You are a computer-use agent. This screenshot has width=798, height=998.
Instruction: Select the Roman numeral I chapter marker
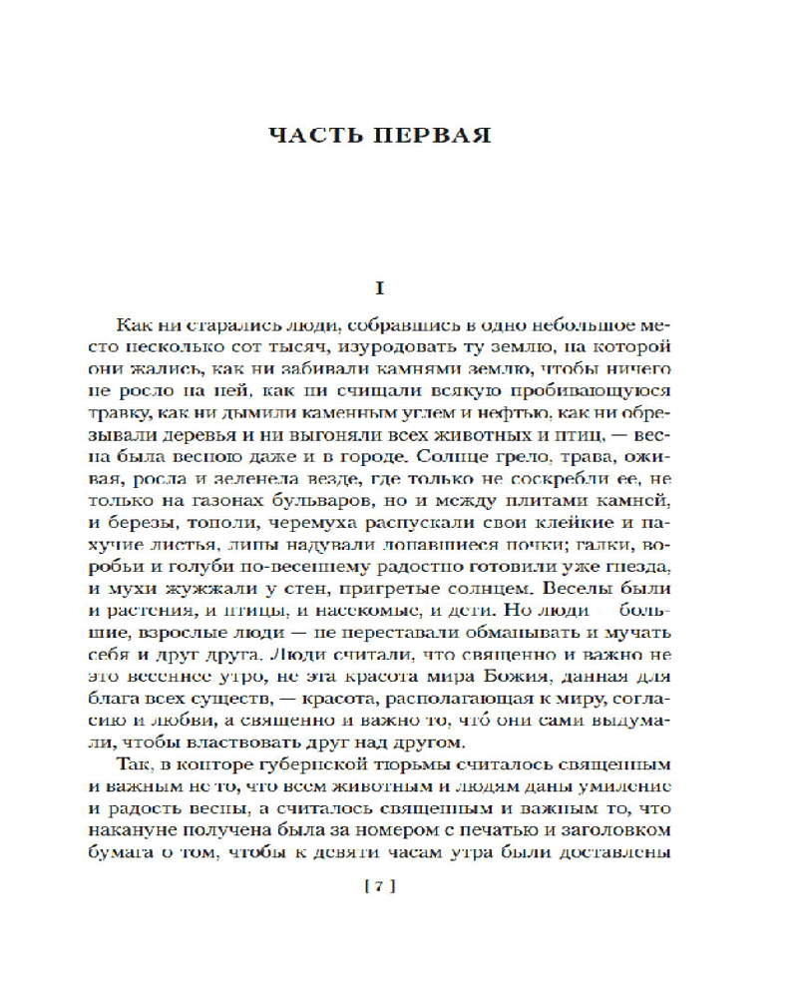[378, 287]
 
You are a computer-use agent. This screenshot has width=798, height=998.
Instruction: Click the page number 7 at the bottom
[380, 885]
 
